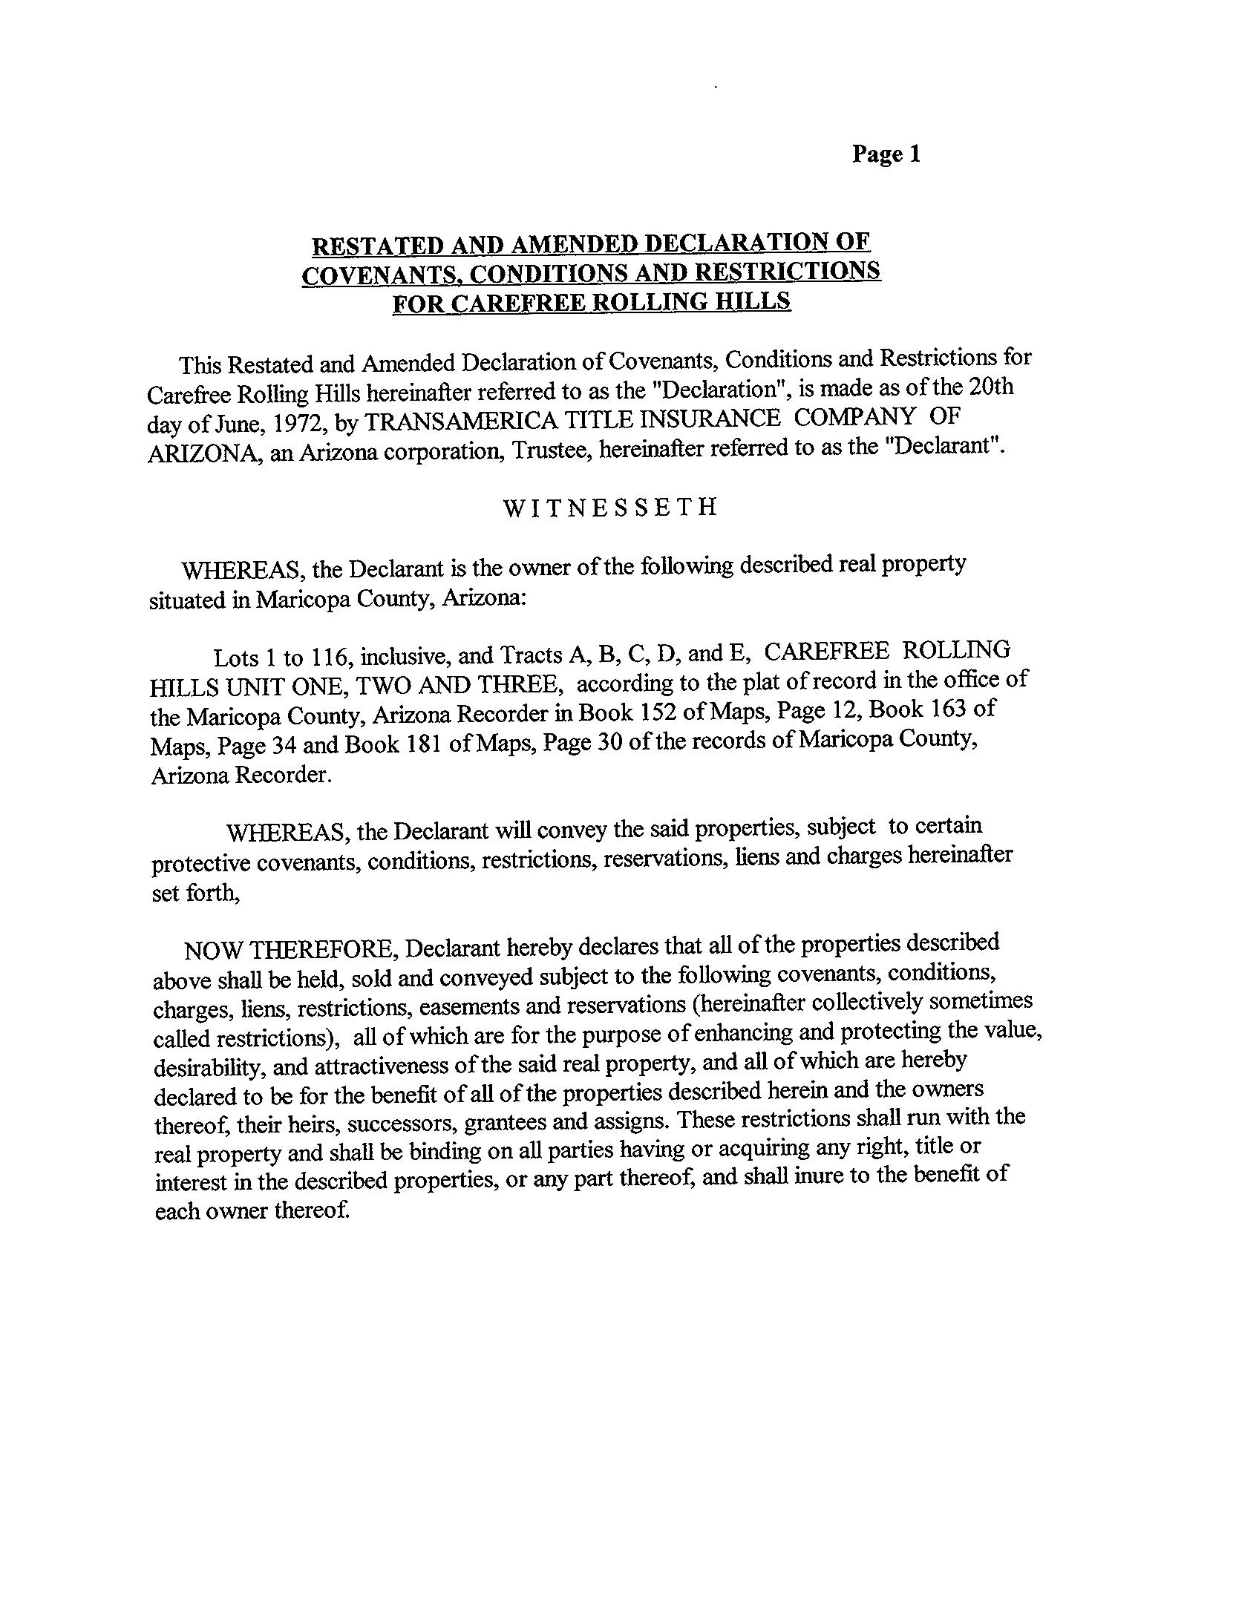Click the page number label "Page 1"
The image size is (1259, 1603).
point(886,154)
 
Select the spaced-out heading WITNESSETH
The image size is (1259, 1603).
point(610,508)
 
